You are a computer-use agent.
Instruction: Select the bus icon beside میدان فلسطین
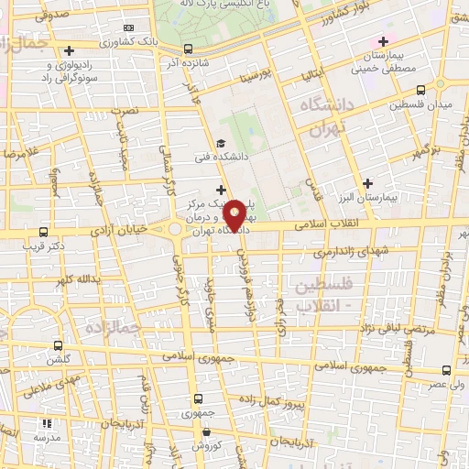click(x=420, y=90)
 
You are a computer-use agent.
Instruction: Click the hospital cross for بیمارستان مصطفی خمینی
click(x=384, y=41)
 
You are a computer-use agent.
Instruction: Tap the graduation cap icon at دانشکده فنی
click(x=220, y=143)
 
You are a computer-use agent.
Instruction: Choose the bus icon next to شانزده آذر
click(x=188, y=49)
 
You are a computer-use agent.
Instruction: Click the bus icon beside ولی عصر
click(x=446, y=370)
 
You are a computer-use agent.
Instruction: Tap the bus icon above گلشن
click(x=59, y=346)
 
